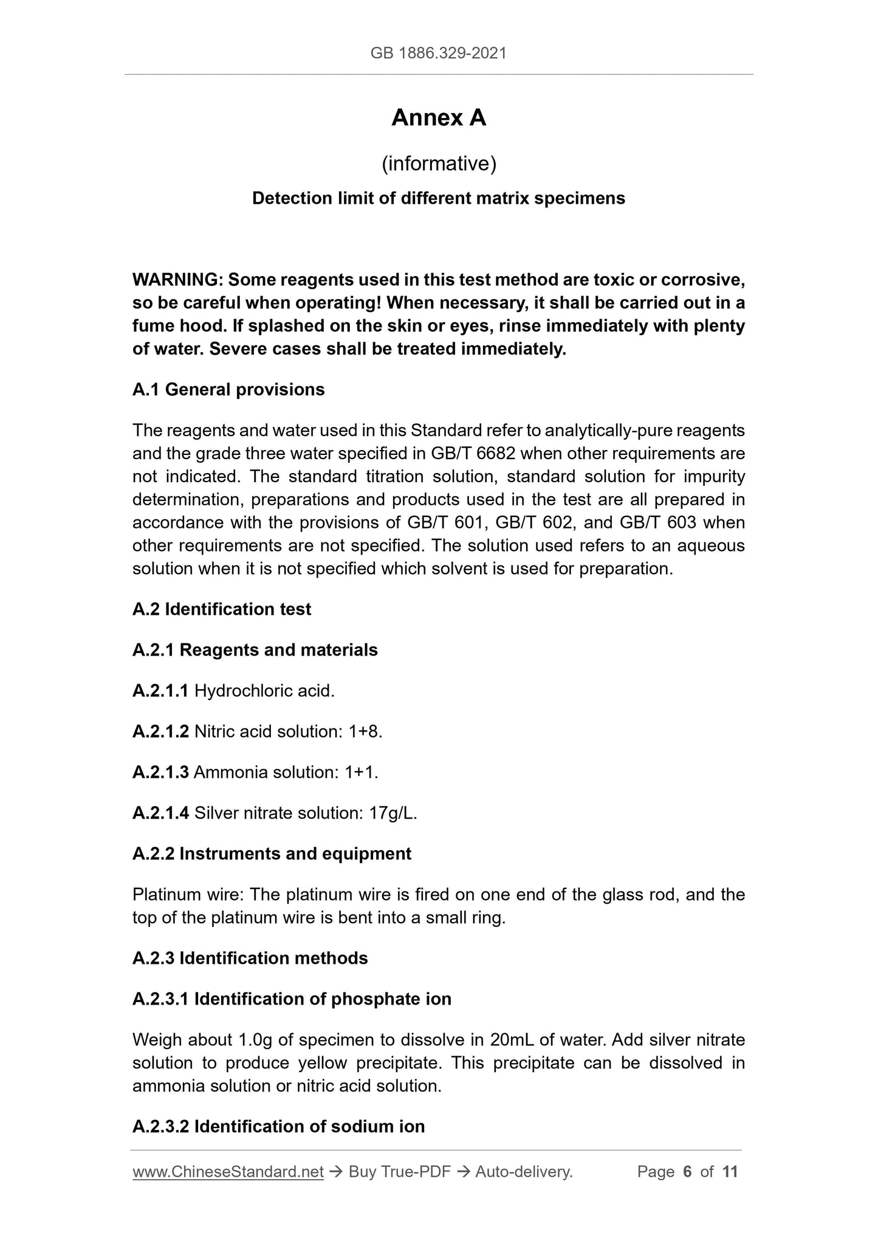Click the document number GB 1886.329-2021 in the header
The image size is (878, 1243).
pyautogui.click(x=438, y=54)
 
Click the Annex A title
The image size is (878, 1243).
pyautogui.click(x=439, y=118)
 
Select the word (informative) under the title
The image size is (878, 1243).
pyautogui.click(x=439, y=164)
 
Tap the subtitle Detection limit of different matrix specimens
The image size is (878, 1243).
pyautogui.click(x=439, y=198)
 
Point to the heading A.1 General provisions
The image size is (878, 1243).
pyautogui.click(x=228, y=389)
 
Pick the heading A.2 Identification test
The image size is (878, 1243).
pyautogui.click(x=222, y=609)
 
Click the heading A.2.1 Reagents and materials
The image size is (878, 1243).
pyautogui.click(x=255, y=650)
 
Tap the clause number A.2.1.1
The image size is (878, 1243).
pyautogui.click(x=160, y=691)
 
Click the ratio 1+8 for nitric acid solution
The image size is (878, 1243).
pyautogui.click(x=364, y=732)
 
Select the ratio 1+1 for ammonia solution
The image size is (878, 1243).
pyautogui.click(x=360, y=772)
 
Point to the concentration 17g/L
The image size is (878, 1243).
pyautogui.click(x=393, y=813)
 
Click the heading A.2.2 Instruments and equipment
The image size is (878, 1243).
pyautogui.click(x=272, y=854)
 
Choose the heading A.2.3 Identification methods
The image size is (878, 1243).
pyautogui.click(x=250, y=958)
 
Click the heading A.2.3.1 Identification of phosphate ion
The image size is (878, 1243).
pyautogui.click(x=292, y=999)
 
